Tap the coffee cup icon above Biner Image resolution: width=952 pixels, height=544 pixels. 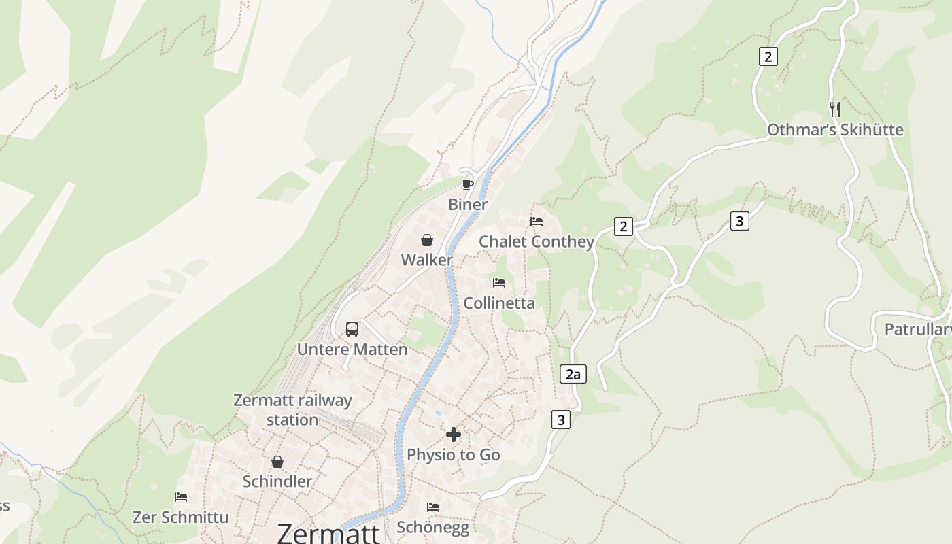click(x=467, y=184)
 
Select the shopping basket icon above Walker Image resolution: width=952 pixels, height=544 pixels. click(x=426, y=239)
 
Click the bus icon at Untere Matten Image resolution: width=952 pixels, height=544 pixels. click(x=352, y=329)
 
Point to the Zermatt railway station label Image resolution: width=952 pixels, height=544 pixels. click(x=292, y=410)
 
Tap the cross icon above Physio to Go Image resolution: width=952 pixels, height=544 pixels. click(x=454, y=435)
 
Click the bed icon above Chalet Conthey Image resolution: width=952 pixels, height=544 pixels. click(x=537, y=222)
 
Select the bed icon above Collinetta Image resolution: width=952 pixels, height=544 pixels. click(x=499, y=283)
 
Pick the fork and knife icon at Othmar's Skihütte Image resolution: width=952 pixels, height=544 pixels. click(x=835, y=109)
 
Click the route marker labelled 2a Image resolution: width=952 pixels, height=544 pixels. click(x=573, y=374)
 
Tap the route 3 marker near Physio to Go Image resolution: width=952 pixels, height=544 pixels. click(x=560, y=420)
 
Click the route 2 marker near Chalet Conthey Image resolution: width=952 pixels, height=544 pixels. click(x=623, y=226)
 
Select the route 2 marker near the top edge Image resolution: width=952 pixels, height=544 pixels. click(x=768, y=56)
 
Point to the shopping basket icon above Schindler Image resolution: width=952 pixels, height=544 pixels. click(x=277, y=462)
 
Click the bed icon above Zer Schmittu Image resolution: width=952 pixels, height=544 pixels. click(x=181, y=497)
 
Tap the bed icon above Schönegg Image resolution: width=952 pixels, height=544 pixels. click(x=433, y=507)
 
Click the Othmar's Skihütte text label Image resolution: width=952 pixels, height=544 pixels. click(x=835, y=130)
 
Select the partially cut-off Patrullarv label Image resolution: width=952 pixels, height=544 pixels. click(x=917, y=330)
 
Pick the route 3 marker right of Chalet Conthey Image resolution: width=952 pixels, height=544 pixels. click(x=740, y=221)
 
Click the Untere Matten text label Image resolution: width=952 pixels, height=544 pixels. click(x=352, y=350)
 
